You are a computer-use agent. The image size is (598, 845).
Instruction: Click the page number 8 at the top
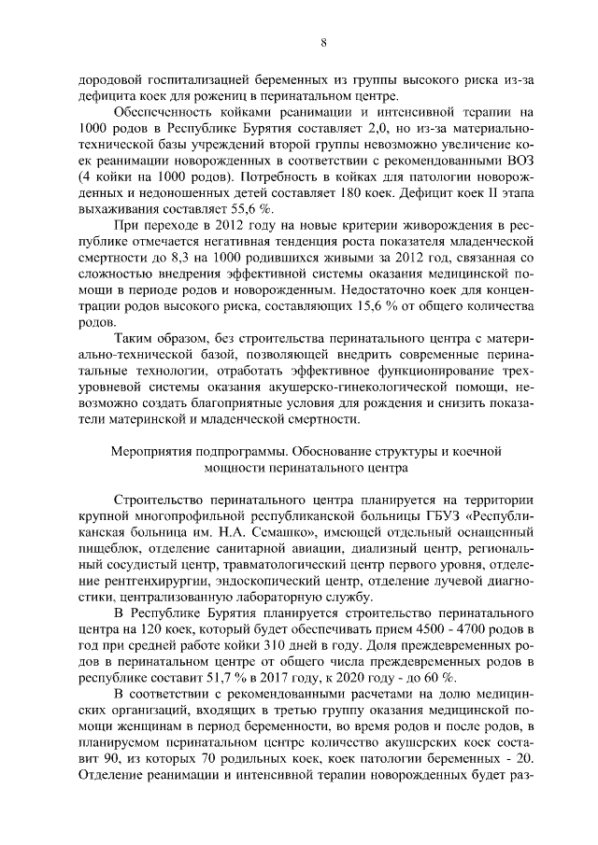pos(299,42)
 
